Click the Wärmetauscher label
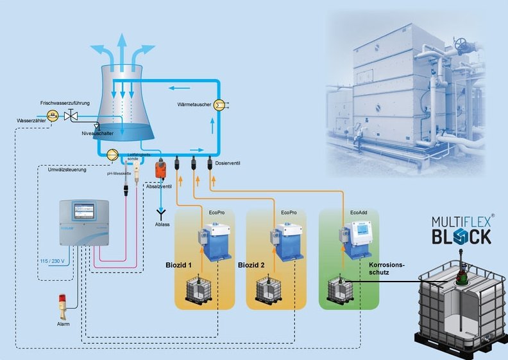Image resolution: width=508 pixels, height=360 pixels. click(x=194, y=104)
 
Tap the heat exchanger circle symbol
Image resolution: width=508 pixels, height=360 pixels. click(x=218, y=105)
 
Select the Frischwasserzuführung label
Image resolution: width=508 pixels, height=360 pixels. click(x=65, y=103)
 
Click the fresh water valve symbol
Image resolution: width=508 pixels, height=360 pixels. click(x=74, y=116)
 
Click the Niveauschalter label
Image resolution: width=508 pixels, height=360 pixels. click(x=97, y=134)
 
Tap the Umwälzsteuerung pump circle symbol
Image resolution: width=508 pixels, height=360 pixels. click(x=112, y=154)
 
